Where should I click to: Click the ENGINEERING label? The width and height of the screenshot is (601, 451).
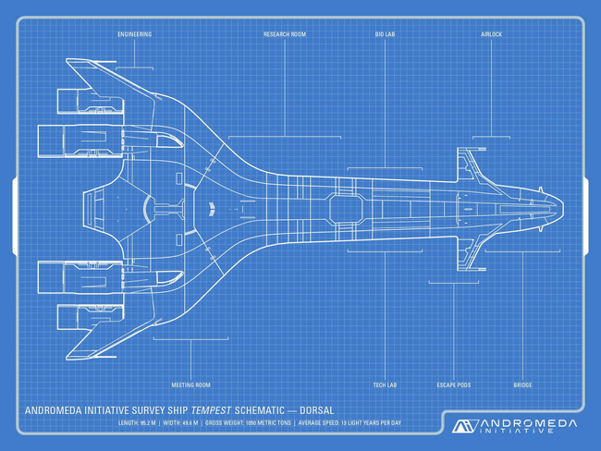click(134, 34)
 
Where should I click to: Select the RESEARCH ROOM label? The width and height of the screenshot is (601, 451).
click(285, 34)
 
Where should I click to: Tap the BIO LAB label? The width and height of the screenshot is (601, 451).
click(386, 34)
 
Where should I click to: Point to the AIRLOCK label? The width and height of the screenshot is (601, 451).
click(491, 34)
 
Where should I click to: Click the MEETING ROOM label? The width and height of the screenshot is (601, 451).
click(190, 384)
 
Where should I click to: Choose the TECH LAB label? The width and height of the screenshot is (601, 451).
click(385, 384)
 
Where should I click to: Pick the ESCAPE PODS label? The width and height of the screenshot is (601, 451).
click(453, 384)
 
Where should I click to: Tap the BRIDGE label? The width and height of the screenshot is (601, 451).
click(522, 384)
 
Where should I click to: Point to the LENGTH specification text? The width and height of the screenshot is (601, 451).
click(137, 422)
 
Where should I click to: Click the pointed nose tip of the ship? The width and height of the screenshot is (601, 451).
click(562, 207)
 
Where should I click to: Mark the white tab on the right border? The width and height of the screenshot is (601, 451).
click(586, 207)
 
